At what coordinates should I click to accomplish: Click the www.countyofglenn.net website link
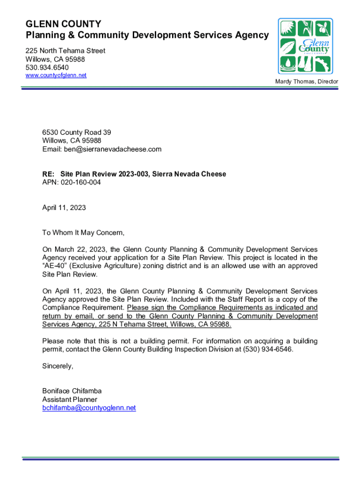pyautogui.click(x=56, y=75)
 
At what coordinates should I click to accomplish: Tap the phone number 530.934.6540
pyautogui.click(x=47, y=67)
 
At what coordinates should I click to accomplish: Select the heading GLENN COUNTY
pyautogui.click(x=63, y=24)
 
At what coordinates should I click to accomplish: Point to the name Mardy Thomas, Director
pyautogui.click(x=307, y=82)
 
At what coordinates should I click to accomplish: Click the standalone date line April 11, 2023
pyautogui.click(x=64, y=208)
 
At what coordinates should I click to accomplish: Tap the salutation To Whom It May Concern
pyautogui.click(x=84, y=232)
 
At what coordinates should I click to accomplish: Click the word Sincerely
pyautogui.click(x=58, y=366)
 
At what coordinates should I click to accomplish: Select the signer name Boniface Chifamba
pyautogui.click(x=72, y=391)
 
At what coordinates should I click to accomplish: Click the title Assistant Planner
pyautogui.click(x=70, y=399)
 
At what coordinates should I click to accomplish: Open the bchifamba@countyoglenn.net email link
pyautogui.click(x=89, y=408)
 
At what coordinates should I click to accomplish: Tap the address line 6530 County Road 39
pyautogui.click(x=77, y=132)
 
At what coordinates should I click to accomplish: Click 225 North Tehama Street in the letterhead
pyautogui.click(x=65, y=51)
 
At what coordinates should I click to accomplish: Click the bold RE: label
pyautogui.click(x=49, y=174)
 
